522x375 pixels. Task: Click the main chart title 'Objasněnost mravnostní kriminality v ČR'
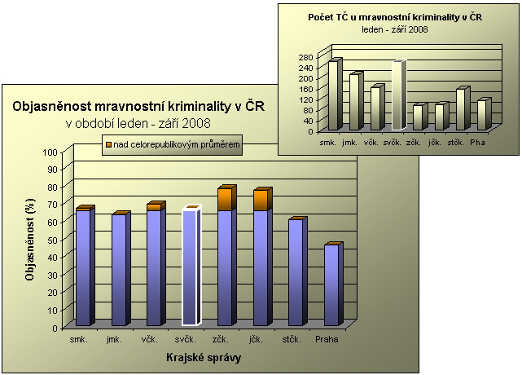tap(138, 106)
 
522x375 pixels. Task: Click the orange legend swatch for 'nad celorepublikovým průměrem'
tap(107, 144)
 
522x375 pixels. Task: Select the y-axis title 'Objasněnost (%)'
tap(29, 240)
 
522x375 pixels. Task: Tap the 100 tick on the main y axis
tap(51, 152)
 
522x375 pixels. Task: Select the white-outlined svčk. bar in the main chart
tap(190, 269)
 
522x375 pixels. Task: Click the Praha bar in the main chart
tap(331, 285)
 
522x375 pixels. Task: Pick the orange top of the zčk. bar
tap(226, 199)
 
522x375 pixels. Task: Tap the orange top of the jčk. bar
tap(261, 200)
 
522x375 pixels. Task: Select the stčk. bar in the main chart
tap(296, 273)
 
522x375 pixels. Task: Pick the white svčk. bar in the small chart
tap(397, 96)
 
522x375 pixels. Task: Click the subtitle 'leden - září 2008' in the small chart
tap(395, 29)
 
